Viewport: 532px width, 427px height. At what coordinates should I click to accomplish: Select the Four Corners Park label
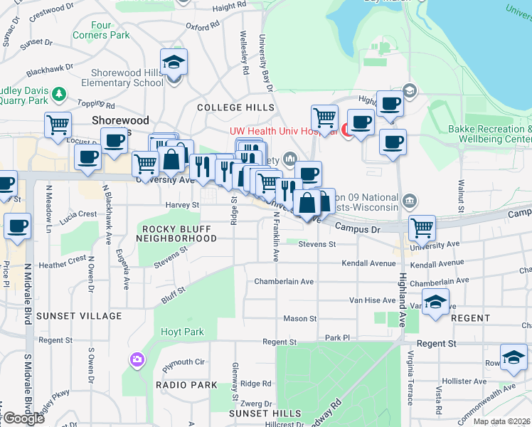[110, 30]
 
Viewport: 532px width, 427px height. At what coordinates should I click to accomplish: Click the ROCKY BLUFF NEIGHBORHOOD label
[179, 233]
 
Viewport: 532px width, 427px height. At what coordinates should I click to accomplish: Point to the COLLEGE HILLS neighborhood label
[235, 107]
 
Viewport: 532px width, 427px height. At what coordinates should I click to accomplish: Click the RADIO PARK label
[186, 385]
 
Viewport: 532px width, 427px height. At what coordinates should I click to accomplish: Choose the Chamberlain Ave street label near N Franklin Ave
[284, 282]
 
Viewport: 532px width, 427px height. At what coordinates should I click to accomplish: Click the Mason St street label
[299, 318]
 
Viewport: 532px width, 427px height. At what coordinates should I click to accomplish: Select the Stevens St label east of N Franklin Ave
[316, 244]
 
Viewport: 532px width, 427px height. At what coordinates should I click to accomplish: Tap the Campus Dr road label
[357, 228]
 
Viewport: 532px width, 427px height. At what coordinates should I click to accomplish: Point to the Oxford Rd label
[203, 26]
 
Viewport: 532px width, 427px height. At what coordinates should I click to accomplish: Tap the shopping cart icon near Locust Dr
[58, 125]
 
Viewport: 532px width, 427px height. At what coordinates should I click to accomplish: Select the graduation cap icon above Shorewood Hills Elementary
[173, 63]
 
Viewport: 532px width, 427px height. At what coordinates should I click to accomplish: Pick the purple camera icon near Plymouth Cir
[135, 360]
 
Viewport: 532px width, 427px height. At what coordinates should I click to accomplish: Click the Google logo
[23, 418]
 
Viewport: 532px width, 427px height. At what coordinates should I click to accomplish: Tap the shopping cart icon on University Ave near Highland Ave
[422, 228]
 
